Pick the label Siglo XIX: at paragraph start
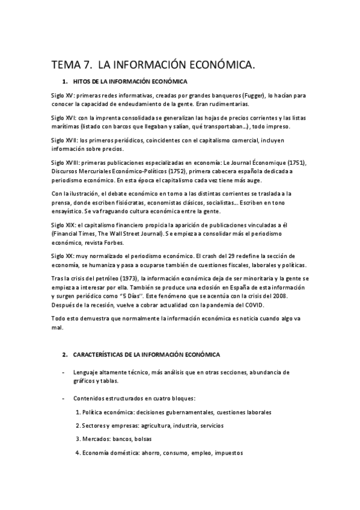click(63, 224)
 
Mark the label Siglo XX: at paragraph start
click(62, 256)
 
